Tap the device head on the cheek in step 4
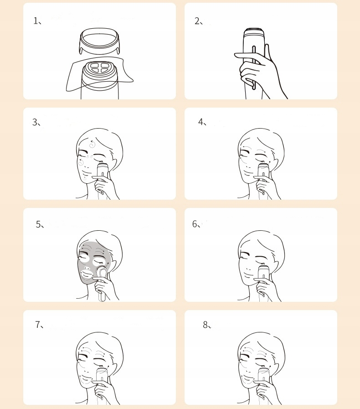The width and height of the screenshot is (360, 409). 263,166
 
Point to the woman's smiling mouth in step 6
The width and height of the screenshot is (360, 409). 247,274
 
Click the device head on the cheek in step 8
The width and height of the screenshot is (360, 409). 263,370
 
